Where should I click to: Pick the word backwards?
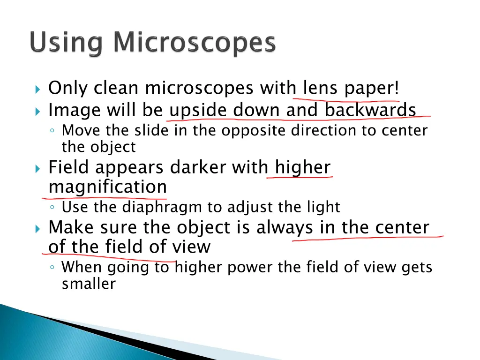point(370,110)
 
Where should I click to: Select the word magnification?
point(108,187)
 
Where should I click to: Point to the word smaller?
point(89,284)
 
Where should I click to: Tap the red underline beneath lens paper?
point(347,99)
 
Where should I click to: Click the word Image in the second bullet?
point(74,111)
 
